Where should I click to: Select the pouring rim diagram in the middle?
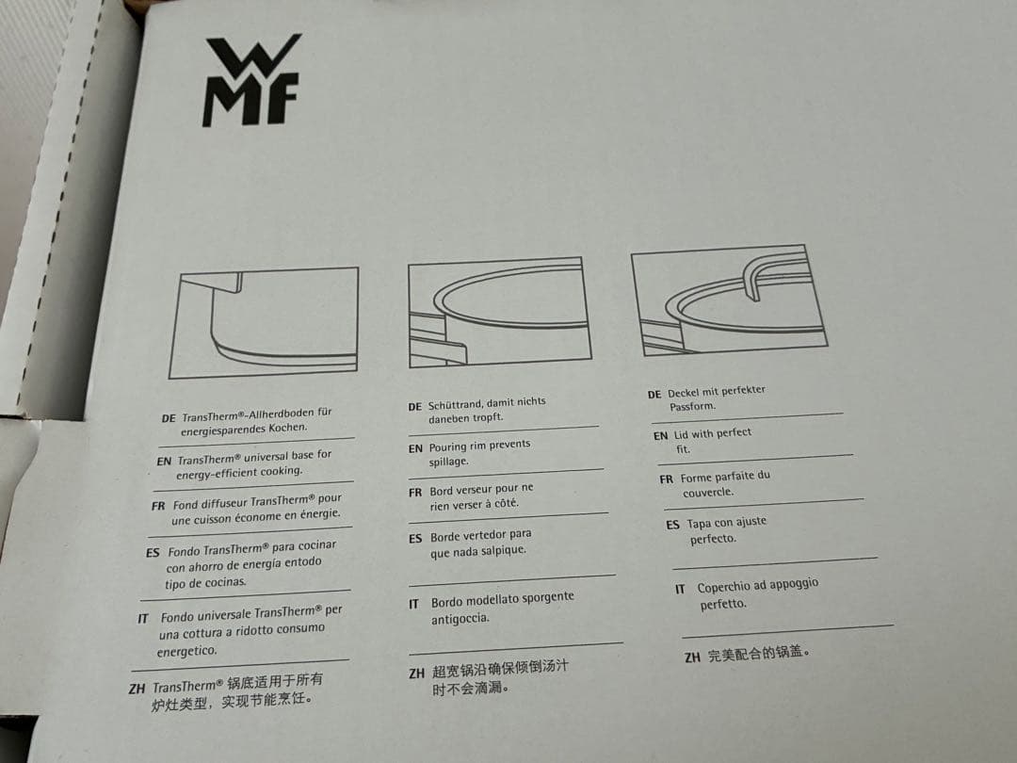(499, 313)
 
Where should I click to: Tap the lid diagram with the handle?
(729, 300)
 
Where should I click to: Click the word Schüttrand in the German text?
(457, 404)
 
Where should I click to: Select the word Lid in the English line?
(682, 435)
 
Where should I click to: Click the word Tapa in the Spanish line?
(700, 525)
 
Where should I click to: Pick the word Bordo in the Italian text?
(450, 602)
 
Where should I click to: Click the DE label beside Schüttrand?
(414, 407)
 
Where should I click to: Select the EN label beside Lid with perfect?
(660, 436)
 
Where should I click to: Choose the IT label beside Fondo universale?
(143, 620)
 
